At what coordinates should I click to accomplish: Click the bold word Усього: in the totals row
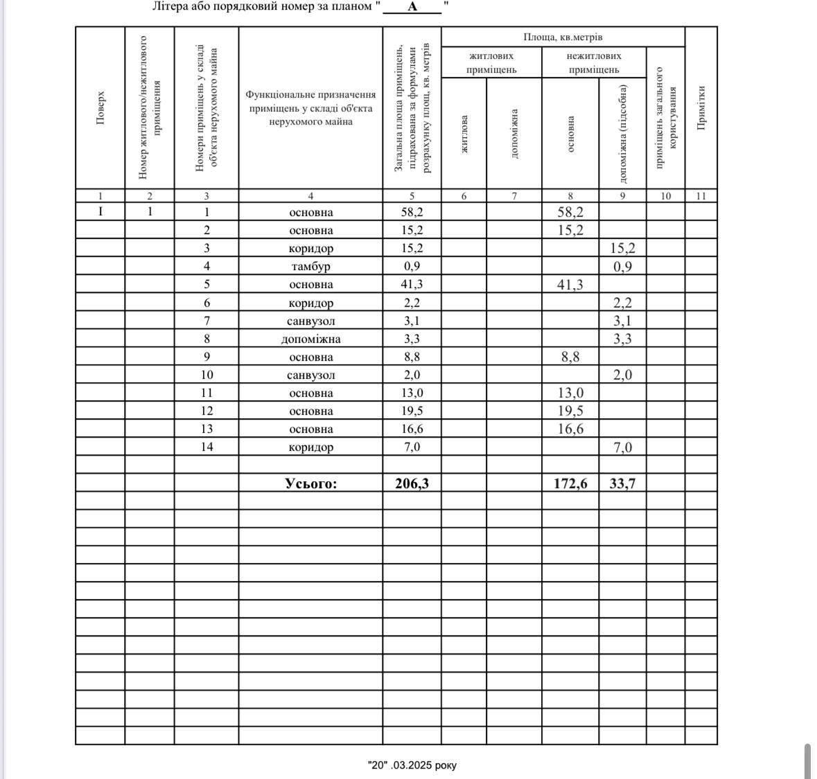pos(310,483)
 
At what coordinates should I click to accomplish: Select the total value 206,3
pos(412,483)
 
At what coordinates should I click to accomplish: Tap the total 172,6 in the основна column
pos(570,483)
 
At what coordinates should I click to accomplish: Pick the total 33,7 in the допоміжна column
pos(622,483)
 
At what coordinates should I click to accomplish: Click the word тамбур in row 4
pos(310,267)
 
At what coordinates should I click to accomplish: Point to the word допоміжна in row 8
pos(310,339)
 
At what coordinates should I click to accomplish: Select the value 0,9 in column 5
pos(412,267)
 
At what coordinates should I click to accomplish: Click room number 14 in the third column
pos(207,447)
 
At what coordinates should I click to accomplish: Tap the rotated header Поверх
pos(100,107)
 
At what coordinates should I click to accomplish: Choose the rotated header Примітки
pos(701,107)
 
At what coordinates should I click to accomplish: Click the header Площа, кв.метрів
pos(563,37)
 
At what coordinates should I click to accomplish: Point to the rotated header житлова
pos(464,134)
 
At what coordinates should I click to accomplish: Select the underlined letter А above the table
pos(412,7)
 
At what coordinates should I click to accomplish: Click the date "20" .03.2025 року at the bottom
pos(412,765)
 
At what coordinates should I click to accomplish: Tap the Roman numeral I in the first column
pos(100,211)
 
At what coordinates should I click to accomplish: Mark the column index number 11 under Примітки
pos(701,196)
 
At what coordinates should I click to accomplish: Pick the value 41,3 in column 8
pos(570,285)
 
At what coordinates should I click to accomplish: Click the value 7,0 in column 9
pos(622,447)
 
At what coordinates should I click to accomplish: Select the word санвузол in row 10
pos(310,375)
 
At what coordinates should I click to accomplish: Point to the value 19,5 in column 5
pos(412,411)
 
